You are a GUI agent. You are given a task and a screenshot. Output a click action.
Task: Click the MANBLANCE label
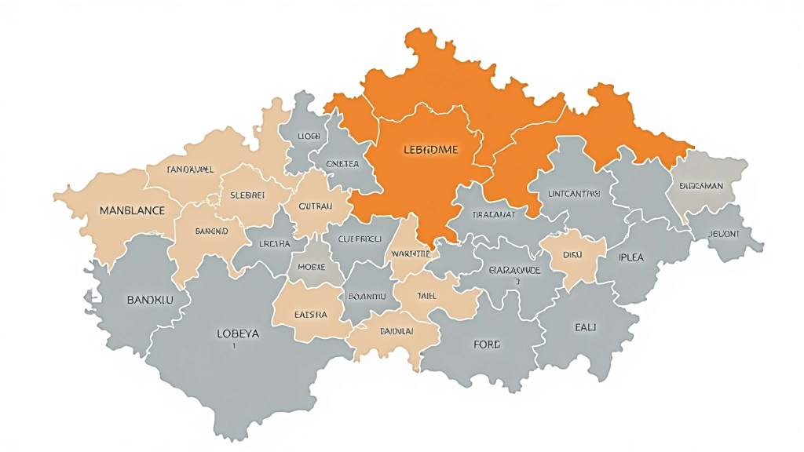coord(132,210)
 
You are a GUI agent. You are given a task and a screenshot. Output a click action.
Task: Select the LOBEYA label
coord(237,333)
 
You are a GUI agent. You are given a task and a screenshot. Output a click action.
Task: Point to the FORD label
coord(487,344)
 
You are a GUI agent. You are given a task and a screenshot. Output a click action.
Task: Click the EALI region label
coord(586,326)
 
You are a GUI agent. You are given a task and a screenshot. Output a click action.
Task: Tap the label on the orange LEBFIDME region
coord(430,149)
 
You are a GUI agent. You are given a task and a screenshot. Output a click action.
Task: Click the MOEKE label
coord(311,267)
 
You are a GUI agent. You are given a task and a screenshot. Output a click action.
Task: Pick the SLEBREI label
coord(249,195)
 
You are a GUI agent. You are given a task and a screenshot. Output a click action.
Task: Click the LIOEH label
coord(309,136)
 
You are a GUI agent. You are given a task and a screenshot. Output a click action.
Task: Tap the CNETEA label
coord(342,164)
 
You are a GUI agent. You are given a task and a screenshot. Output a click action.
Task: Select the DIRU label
coord(572,254)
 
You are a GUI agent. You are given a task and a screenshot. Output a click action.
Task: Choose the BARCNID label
coord(211,231)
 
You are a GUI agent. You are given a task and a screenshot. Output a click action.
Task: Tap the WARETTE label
coord(411,254)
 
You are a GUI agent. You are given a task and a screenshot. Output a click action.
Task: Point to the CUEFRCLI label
coord(360,239)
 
